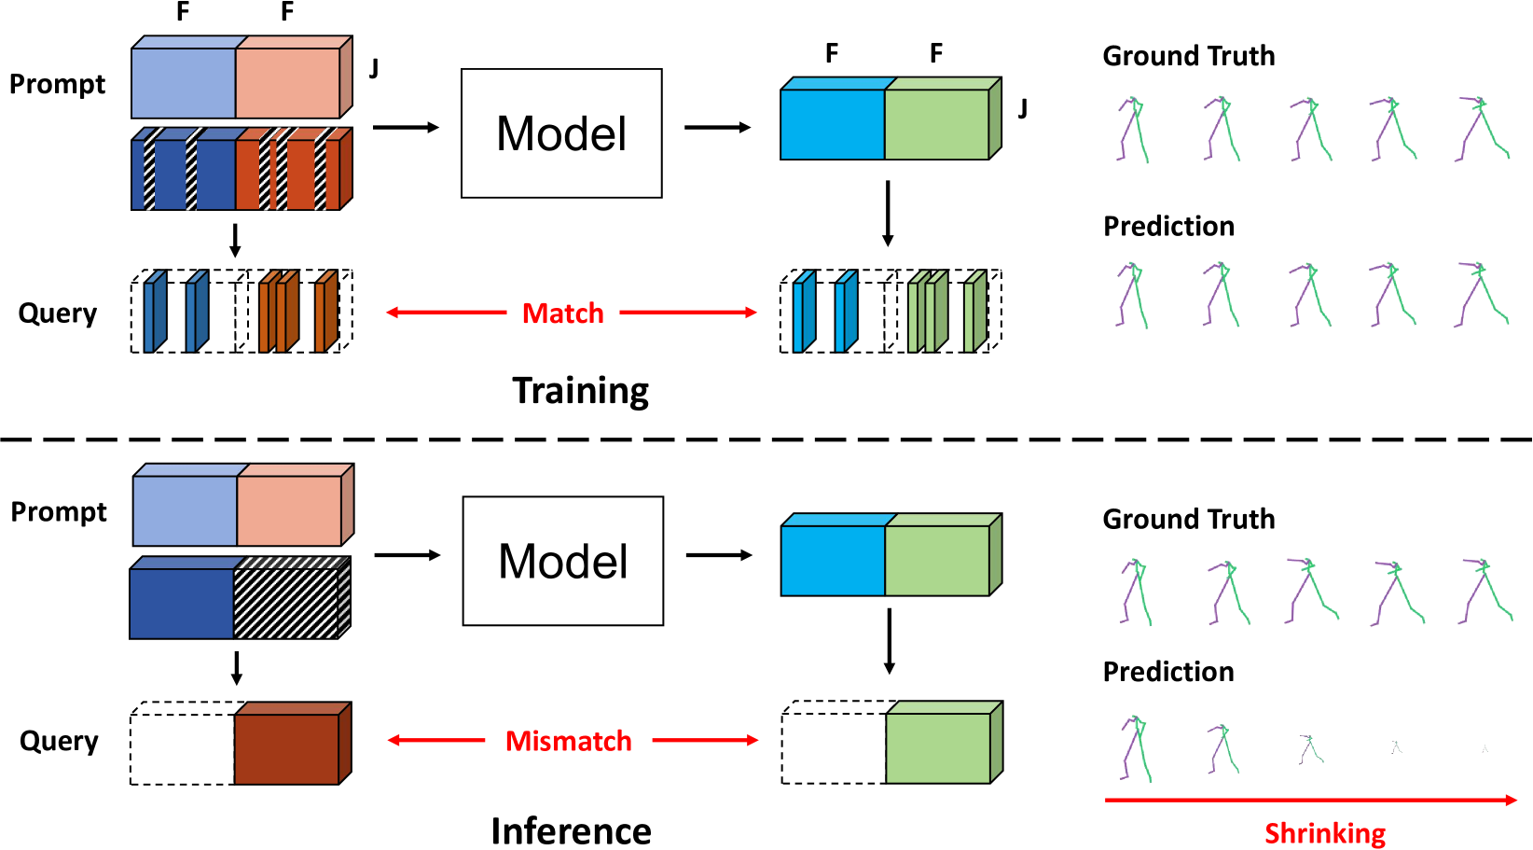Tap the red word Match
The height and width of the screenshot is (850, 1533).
tap(562, 313)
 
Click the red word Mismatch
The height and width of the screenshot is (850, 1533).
tap(568, 741)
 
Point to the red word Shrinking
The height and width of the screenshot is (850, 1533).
tap(1325, 833)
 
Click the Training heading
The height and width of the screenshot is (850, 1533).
tap(580, 391)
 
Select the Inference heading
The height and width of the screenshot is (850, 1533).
tap(571, 830)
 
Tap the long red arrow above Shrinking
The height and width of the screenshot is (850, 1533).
tap(1310, 800)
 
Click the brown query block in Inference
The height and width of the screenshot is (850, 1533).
tap(293, 743)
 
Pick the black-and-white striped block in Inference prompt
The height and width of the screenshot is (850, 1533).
tap(292, 597)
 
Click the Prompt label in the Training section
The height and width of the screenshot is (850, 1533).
tap(57, 85)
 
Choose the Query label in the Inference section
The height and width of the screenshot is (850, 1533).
tap(59, 741)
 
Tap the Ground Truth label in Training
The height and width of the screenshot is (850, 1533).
tap(1189, 55)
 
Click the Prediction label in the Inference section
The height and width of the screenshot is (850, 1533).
tap(1168, 672)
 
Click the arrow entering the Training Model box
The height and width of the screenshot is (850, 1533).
tap(406, 127)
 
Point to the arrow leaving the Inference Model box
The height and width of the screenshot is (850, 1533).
tap(719, 555)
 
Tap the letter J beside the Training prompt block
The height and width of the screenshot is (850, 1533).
tap(374, 68)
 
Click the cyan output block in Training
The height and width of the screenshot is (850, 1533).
tap(833, 118)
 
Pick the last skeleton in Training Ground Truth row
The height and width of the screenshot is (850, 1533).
tap(1483, 129)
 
